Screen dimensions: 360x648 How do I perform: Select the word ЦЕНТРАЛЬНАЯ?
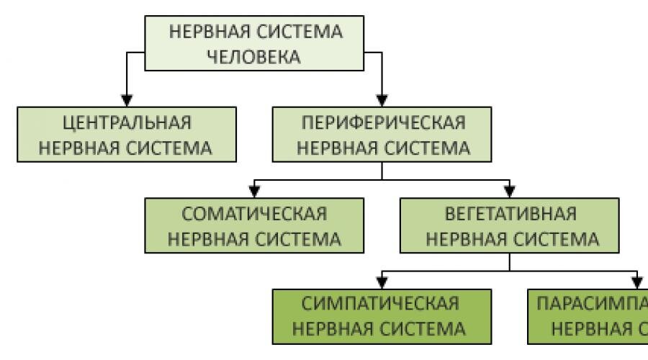tap(126, 122)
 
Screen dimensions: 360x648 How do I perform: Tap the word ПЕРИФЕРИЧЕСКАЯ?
tap(382, 122)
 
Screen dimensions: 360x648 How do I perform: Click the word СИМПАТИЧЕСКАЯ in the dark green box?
tap(382, 304)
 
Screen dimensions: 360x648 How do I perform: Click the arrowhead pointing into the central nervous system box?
tap(127, 99)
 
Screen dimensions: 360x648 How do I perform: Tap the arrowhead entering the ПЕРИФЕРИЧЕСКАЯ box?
tap(382, 99)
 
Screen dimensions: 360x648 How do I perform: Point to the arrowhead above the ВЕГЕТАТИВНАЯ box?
tap(510, 191)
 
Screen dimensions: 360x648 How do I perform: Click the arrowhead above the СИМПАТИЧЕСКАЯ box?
tap(382, 282)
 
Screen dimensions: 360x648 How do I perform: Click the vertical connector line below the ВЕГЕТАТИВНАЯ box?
tap(510, 263)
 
